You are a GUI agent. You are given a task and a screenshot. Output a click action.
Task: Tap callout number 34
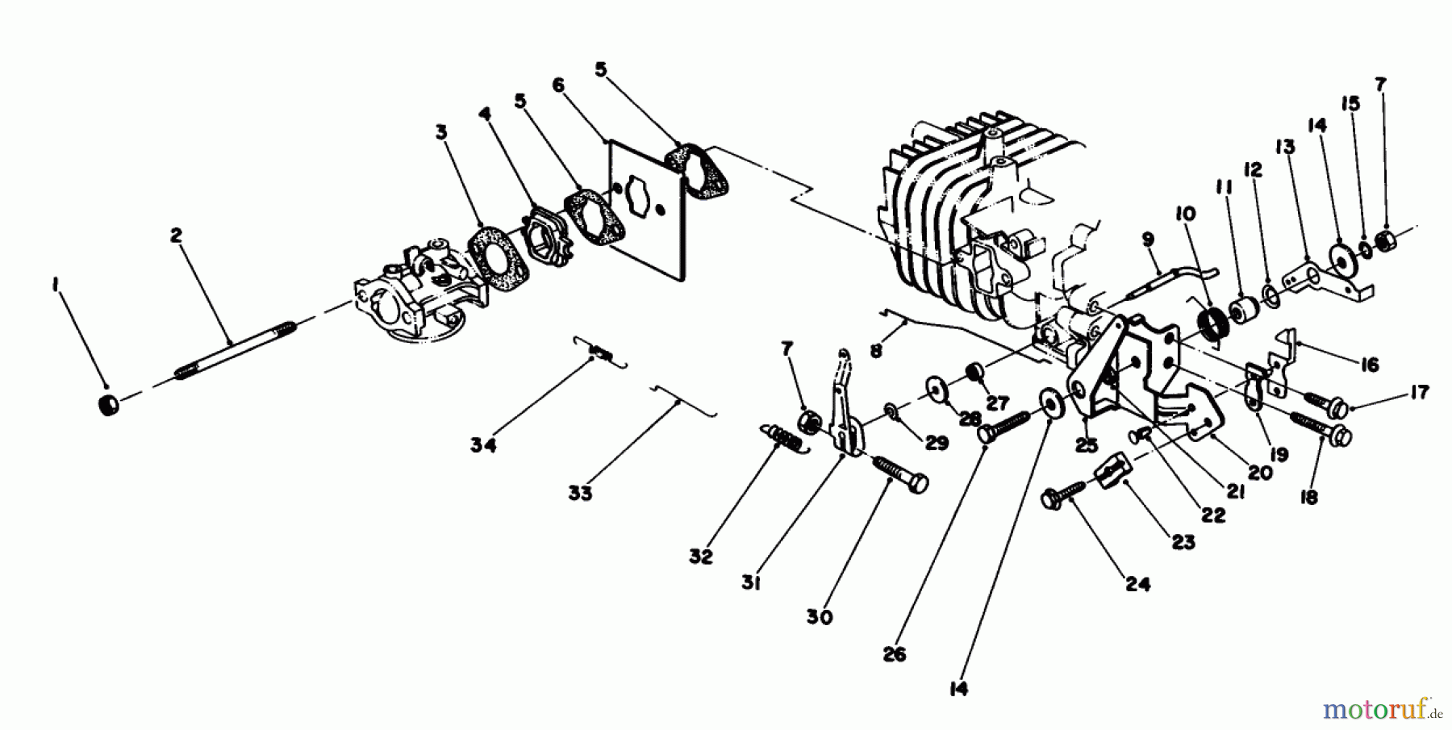tap(483, 444)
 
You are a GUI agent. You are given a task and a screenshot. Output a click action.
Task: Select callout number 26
tap(894, 654)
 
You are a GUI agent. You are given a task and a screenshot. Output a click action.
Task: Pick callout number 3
tap(440, 132)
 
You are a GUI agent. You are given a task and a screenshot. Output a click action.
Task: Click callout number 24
tap(1137, 584)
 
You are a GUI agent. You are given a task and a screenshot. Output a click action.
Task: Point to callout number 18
tap(1309, 497)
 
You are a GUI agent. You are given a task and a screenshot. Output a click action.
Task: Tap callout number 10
tap(1185, 214)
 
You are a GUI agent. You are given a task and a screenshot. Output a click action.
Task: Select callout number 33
tap(579, 492)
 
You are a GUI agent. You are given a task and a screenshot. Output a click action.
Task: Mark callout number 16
tap(1368, 365)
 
